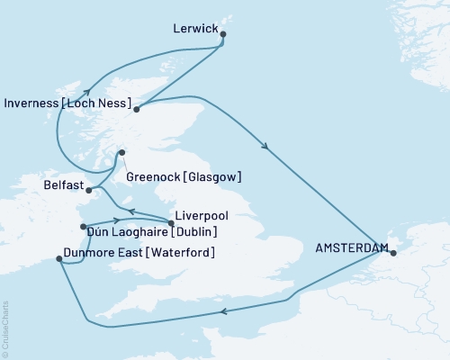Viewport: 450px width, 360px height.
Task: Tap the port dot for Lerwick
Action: (x=223, y=36)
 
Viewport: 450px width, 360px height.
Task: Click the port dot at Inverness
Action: (x=136, y=110)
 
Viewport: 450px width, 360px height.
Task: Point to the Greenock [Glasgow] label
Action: (x=184, y=176)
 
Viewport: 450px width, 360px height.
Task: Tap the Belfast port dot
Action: (x=88, y=190)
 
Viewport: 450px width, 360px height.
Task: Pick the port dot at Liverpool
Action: (x=171, y=222)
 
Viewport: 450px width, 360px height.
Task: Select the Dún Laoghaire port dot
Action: (x=83, y=227)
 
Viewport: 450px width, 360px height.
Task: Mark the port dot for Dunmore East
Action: (x=58, y=259)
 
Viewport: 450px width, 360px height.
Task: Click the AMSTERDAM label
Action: (x=352, y=247)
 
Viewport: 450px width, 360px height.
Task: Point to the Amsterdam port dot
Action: (x=391, y=252)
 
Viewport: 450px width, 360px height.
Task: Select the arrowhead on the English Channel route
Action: (x=221, y=312)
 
